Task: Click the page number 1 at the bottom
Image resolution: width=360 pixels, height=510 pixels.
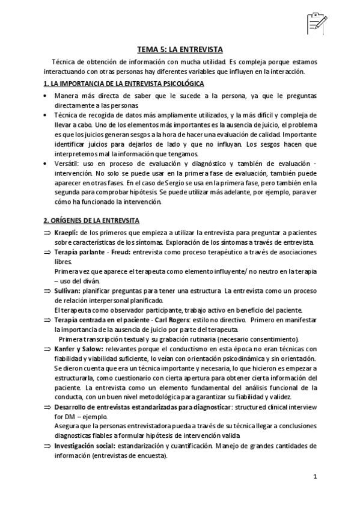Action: pyautogui.click(x=314, y=476)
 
